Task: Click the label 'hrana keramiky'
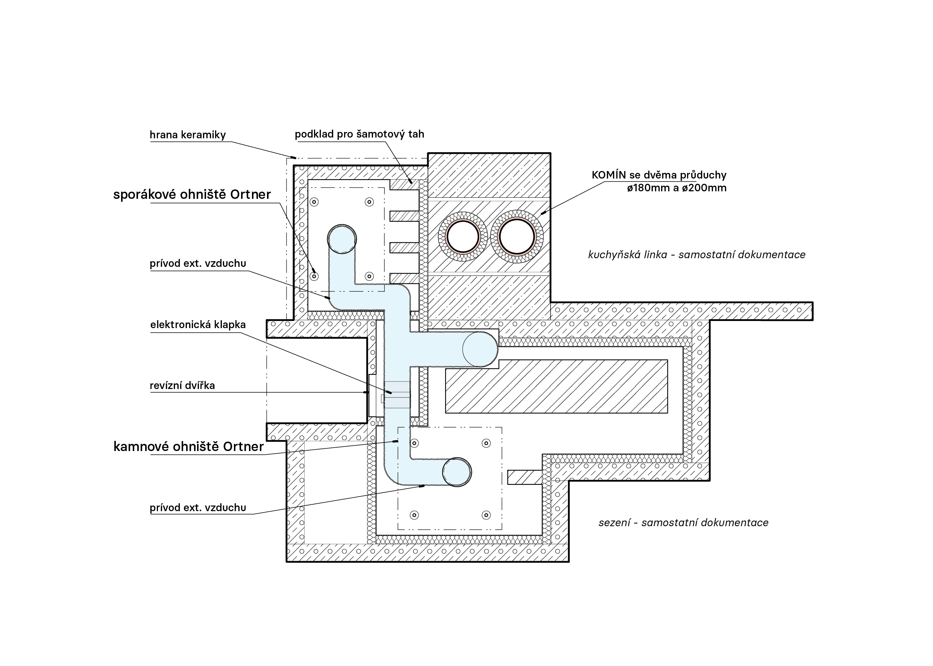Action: click(x=188, y=135)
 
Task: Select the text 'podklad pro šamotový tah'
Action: click(x=360, y=134)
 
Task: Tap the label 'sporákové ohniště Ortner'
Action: click(x=192, y=194)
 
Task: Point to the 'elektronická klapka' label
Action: click(x=198, y=325)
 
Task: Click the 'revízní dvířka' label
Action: click(x=182, y=386)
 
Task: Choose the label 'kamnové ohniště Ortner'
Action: click(x=188, y=446)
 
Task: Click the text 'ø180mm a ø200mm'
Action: click(x=677, y=188)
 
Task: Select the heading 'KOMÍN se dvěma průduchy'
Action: click(x=659, y=175)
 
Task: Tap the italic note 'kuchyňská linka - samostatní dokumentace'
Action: click(x=697, y=255)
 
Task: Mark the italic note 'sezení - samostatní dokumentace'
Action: click(x=684, y=522)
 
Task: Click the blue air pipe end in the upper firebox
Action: click(x=342, y=239)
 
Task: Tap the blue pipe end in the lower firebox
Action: click(x=457, y=472)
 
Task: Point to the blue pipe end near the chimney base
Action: click(x=480, y=349)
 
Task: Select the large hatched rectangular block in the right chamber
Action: click(x=556, y=386)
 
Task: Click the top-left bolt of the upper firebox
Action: click(x=314, y=202)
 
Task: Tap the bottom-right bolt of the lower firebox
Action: click(x=486, y=515)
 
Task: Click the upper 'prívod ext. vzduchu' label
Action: click(x=198, y=263)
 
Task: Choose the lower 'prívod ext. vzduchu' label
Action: click(x=198, y=508)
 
